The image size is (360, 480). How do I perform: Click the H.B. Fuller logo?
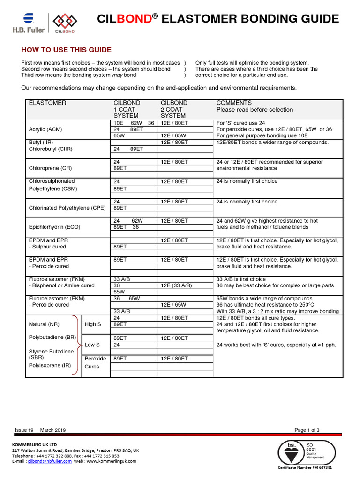pyautogui.click(x=29, y=23)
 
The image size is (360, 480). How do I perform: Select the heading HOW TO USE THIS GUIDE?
pyautogui.click(x=67, y=50)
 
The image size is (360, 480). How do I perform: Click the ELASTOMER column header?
pyautogui.click(x=48, y=103)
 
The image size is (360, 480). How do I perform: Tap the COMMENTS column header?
pyautogui.click(x=234, y=103)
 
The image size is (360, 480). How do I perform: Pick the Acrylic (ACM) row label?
pyautogui.click(x=45, y=129)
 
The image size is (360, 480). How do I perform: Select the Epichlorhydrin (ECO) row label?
pyautogui.click(x=54, y=227)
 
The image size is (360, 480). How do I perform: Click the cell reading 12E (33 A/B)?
pyautogui.click(x=176, y=285)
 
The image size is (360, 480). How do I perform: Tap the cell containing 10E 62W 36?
pyautogui.click(x=134, y=123)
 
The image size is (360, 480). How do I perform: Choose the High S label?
pyautogui.click(x=93, y=324)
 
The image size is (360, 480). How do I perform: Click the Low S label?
pyautogui.click(x=92, y=345)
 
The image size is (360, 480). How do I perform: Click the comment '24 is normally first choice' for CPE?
pyautogui.click(x=247, y=202)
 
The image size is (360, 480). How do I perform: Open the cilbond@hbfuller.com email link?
pyautogui.click(x=50, y=461)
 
